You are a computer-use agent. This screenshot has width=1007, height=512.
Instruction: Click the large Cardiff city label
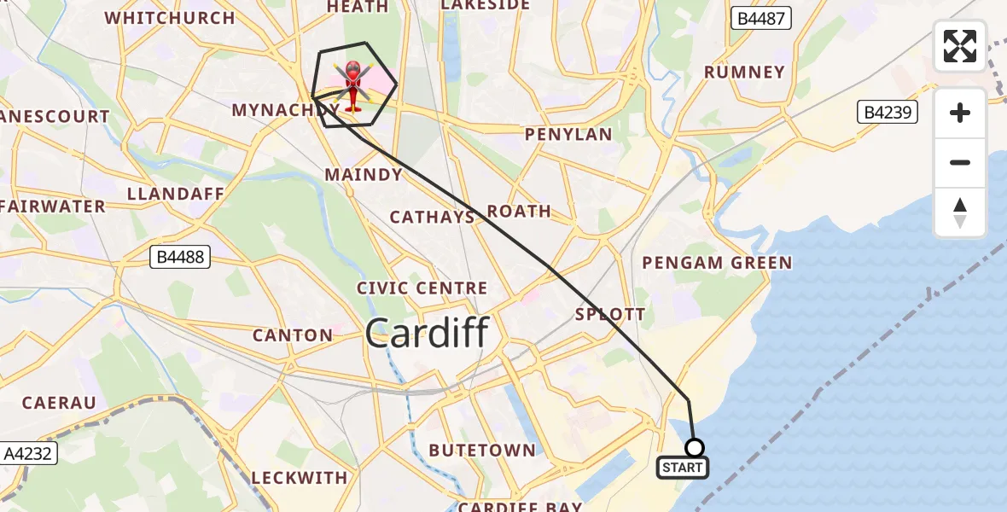pyautogui.click(x=427, y=332)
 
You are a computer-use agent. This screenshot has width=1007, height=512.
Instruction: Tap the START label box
pyautogui.click(x=683, y=468)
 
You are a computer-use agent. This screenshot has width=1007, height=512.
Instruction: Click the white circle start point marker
pyautogui.click(x=695, y=448)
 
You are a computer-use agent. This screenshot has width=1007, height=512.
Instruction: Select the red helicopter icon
pyautogui.click(x=353, y=86)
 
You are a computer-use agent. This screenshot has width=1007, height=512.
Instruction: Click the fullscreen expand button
pyautogui.click(x=960, y=46)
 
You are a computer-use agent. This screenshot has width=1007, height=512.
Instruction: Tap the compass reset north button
pyautogui.click(x=960, y=212)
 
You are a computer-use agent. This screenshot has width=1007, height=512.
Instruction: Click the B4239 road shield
pyautogui.click(x=888, y=113)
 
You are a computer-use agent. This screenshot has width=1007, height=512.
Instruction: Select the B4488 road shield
pyautogui.click(x=180, y=256)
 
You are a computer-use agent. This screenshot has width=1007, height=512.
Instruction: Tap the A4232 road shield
pyautogui.click(x=28, y=454)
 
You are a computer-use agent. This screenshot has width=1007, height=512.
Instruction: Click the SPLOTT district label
pyautogui.click(x=610, y=314)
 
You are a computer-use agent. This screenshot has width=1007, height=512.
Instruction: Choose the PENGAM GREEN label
pyautogui.click(x=717, y=263)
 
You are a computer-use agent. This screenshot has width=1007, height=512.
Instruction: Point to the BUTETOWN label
pyautogui.click(x=482, y=451)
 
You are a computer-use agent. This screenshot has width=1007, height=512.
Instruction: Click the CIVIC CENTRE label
pyautogui.click(x=422, y=288)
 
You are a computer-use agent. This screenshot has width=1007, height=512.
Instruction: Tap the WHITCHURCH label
pyautogui.click(x=169, y=18)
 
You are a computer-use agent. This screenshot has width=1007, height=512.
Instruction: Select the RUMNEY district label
pyautogui.click(x=744, y=73)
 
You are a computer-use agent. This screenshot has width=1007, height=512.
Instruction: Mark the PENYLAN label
pyautogui.click(x=568, y=135)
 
